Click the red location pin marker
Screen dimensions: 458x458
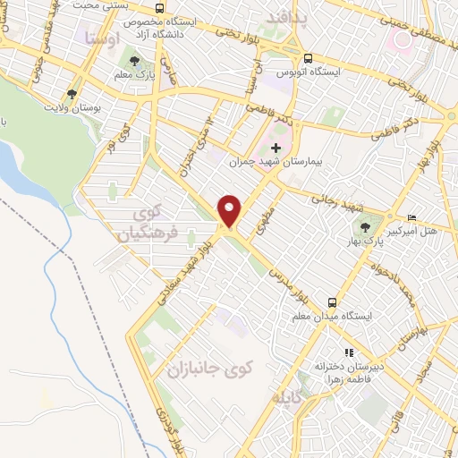coord(231,210)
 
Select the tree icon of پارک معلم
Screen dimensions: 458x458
coord(134,62)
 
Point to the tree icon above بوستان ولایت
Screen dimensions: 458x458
coord(72,92)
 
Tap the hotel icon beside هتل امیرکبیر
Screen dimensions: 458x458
coord(411,217)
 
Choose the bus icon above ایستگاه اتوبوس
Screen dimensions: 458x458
coord(308,57)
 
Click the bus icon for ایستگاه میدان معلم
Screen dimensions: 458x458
coord(332,302)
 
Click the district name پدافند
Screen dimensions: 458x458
coord(292,17)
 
